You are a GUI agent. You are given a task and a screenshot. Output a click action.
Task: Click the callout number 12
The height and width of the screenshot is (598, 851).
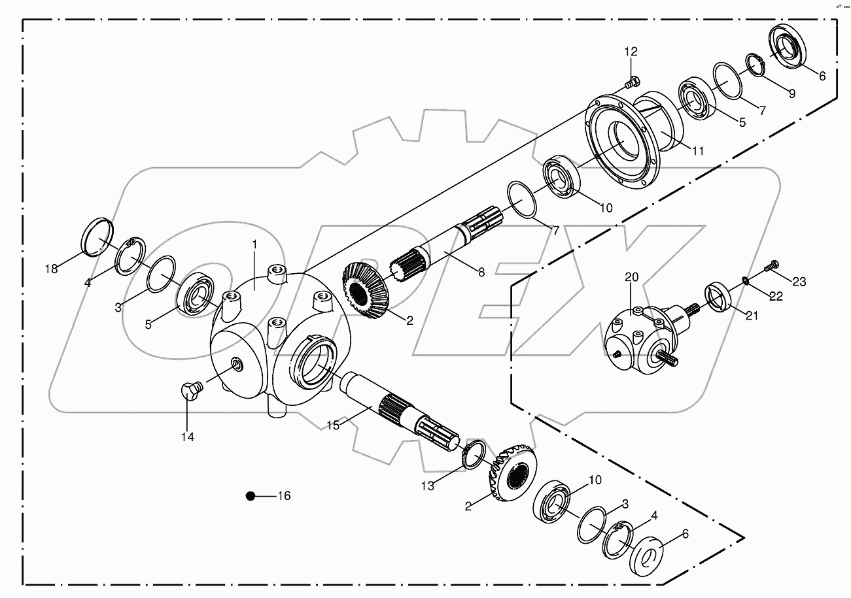point(630,52)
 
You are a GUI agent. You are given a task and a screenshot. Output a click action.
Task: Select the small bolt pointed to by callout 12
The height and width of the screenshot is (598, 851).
point(631,83)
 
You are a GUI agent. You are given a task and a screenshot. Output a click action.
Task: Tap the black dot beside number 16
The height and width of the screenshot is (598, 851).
point(250,497)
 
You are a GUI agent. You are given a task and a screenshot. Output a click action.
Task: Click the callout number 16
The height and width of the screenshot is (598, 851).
point(284,496)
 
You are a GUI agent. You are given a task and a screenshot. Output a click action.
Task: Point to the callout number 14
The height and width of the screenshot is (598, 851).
point(188,437)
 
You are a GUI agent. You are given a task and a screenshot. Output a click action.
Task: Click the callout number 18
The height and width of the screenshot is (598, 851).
point(51,269)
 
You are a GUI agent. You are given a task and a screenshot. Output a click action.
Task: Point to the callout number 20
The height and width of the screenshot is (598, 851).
point(631,278)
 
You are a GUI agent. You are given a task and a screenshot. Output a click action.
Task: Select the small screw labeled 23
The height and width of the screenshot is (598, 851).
point(772,265)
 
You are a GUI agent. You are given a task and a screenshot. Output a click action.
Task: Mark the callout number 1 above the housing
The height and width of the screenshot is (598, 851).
point(255,244)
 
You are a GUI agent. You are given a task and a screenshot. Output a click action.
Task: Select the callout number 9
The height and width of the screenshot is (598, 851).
point(791,93)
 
